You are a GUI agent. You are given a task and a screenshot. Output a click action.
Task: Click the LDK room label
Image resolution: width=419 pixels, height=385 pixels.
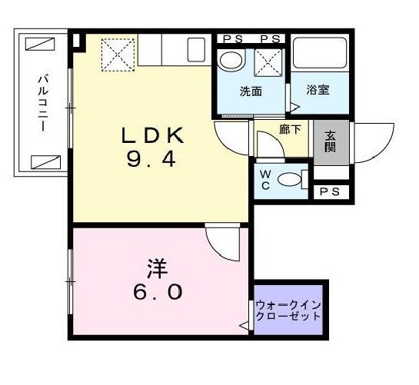152,137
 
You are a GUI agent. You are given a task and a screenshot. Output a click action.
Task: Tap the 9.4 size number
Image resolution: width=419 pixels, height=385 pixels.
152,161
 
